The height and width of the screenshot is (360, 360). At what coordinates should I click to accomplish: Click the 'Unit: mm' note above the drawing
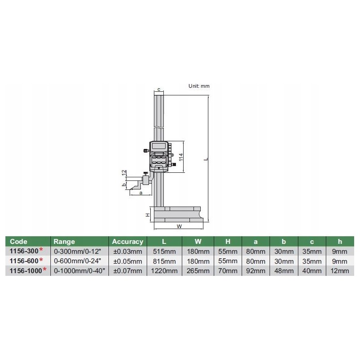(x=199, y=86)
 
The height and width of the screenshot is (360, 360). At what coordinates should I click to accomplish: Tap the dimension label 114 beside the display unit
(x=181, y=157)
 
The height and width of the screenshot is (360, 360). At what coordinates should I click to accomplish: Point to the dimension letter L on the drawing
(x=206, y=159)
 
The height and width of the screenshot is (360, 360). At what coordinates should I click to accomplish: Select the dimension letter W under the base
(x=179, y=226)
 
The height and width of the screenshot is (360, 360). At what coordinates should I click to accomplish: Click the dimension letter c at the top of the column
(x=159, y=90)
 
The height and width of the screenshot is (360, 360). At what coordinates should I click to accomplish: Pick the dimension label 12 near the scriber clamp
(x=124, y=173)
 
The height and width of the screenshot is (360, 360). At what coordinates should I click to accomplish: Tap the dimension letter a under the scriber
(x=141, y=193)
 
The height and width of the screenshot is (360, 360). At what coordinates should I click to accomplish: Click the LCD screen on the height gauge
(x=158, y=145)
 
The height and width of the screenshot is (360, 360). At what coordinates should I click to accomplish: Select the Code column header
(x=18, y=242)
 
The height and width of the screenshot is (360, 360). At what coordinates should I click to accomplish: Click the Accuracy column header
(x=127, y=242)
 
